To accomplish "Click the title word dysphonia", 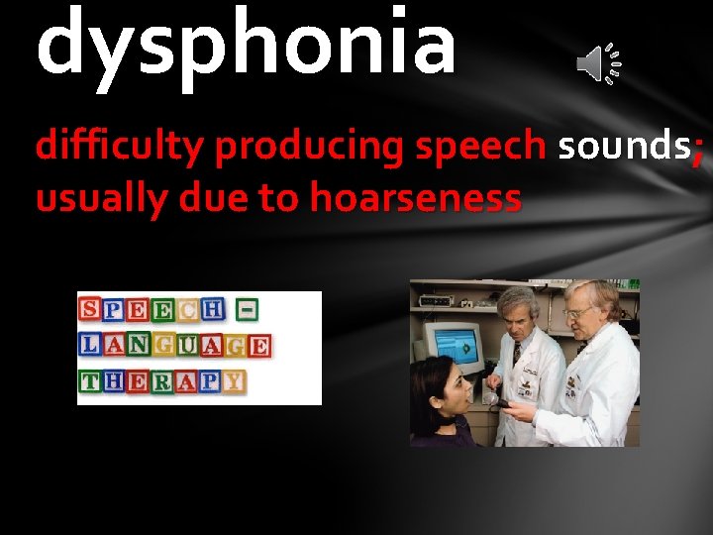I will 246,42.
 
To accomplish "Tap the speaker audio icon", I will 598,65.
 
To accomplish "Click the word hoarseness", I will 415,198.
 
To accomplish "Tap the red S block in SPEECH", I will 90,309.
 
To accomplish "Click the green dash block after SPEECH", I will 248,310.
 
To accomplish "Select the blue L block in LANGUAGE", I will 90,346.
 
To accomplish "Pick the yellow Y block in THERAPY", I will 234,381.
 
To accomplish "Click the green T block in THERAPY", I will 90,381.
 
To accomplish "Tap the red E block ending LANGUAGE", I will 258,346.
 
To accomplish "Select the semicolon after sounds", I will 699,149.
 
